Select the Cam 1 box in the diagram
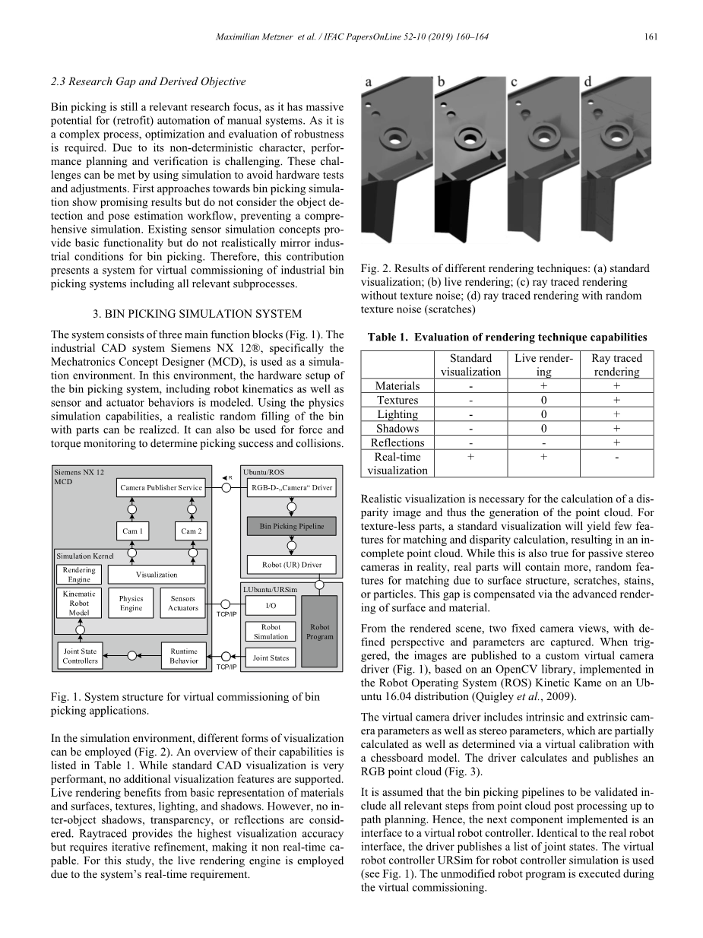click(x=132, y=531)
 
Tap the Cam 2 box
click(x=191, y=531)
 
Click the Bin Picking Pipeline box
click(x=292, y=526)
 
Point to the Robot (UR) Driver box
click(x=292, y=565)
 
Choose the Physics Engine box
click(x=131, y=604)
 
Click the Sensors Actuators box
click(x=183, y=604)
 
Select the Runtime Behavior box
click(x=183, y=656)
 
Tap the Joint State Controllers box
click(x=80, y=656)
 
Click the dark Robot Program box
click(x=319, y=631)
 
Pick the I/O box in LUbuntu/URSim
click(x=271, y=606)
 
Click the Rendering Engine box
click(x=79, y=575)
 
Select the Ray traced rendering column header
click(x=616, y=365)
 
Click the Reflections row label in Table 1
click(x=397, y=442)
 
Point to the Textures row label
click(x=397, y=400)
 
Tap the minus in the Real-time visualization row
click(x=616, y=457)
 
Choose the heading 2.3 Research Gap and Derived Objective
click(x=148, y=81)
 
